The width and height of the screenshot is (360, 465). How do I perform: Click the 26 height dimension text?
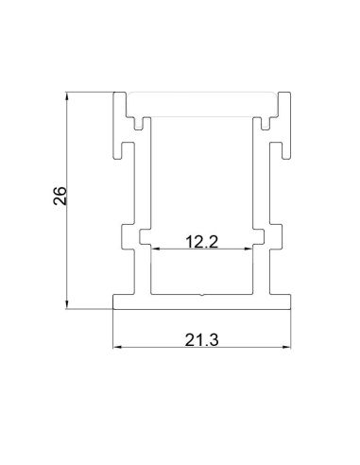coord(60,197)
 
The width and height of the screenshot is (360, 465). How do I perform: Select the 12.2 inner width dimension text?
coord(201,241)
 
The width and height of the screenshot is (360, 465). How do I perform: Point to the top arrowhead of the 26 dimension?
coord(68,96)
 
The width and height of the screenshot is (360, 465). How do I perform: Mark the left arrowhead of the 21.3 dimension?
coord(117,347)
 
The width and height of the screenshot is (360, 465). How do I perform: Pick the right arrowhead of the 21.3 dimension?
coord(287,347)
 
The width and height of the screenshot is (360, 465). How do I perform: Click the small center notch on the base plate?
coord(202,294)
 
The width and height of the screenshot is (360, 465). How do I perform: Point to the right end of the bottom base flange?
coord(289,301)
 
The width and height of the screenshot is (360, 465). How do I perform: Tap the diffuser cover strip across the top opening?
coord(202,97)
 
